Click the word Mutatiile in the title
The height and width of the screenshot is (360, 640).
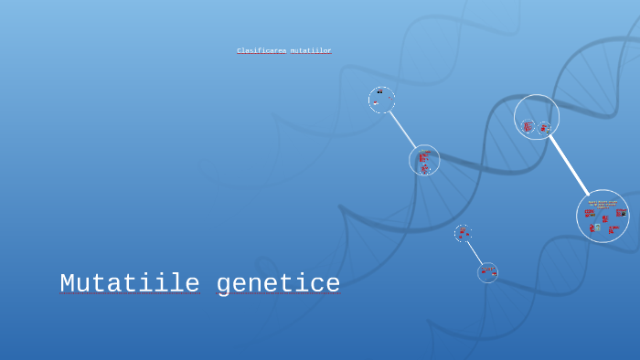(130, 284)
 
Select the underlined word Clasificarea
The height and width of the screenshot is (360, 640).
(261, 51)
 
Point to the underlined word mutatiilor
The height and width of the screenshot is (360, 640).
(311, 51)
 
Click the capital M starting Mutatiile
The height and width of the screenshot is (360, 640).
(67, 284)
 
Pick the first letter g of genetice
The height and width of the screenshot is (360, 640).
(224, 286)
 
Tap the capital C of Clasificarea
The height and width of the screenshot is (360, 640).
(239, 51)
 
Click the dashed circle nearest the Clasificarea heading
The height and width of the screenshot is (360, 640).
(381, 100)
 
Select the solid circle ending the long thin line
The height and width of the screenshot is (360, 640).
(424, 160)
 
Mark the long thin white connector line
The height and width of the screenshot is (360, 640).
(403, 130)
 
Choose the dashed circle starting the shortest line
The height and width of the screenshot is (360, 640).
(463, 233)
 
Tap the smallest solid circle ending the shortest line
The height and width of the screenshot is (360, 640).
(487, 272)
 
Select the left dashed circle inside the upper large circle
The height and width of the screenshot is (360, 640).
(528, 125)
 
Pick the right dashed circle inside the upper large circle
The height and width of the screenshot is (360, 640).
(544, 128)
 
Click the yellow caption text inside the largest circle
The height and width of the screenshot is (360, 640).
(603, 203)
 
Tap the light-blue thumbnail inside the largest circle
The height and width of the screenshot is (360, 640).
(597, 227)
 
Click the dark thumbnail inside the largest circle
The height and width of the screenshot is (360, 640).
(620, 213)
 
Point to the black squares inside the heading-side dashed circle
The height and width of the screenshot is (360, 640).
(379, 91)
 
